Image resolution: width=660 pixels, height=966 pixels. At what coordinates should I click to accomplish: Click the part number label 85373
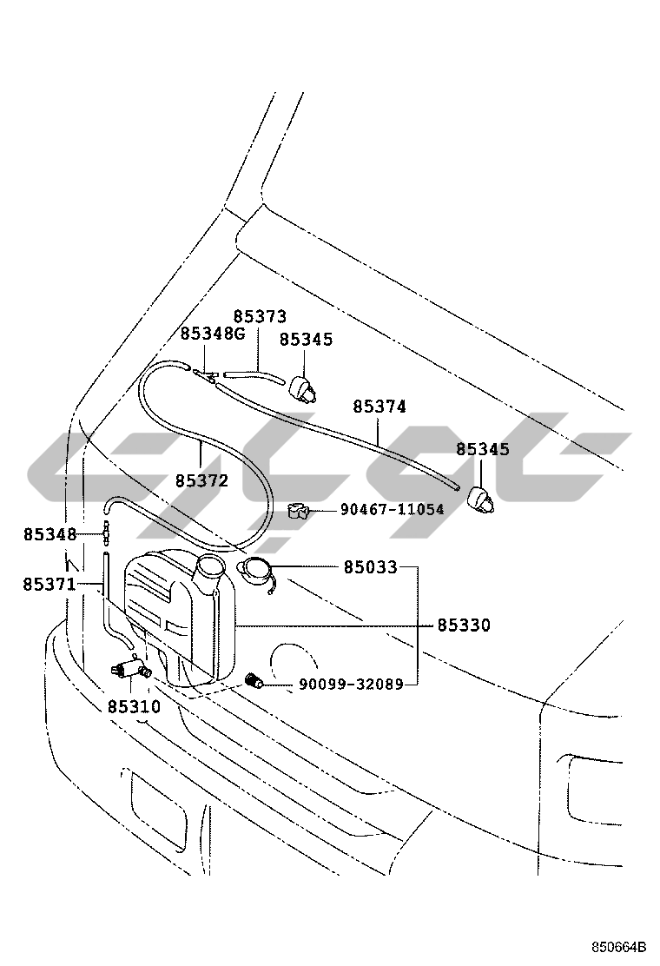click(x=260, y=317)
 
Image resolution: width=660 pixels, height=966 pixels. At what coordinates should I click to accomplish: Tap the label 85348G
click(x=214, y=334)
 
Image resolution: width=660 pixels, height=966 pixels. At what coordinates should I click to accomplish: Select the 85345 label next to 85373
click(x=306, y=340)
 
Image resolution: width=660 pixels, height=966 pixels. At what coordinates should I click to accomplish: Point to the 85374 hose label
click(x=379, y=407)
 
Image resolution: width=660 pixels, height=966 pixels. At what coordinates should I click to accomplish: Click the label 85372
click(x=201, y=480)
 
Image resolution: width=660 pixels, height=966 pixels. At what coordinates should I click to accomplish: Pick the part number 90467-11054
click(x=392, y=510)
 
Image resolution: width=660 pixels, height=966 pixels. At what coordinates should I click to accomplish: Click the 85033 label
click(x=370, y=568)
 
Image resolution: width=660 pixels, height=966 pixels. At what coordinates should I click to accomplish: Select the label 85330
click(x=463, y=625)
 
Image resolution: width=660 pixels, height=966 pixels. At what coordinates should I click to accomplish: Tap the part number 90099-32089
click(x=351, y=685)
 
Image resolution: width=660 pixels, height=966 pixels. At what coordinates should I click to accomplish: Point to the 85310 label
click(x=134, y=707)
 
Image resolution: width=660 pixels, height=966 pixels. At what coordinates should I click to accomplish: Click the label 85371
click(x=49, y=585)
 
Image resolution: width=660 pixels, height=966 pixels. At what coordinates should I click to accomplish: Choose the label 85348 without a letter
click(x=49, y=534)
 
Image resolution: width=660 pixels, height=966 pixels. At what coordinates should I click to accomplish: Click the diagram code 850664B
click(x=620, y=946)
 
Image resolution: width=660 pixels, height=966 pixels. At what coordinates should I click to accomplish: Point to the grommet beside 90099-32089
click(x=254, y=681)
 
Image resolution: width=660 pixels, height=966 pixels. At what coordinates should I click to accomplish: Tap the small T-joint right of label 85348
click(x=107, y=533)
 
